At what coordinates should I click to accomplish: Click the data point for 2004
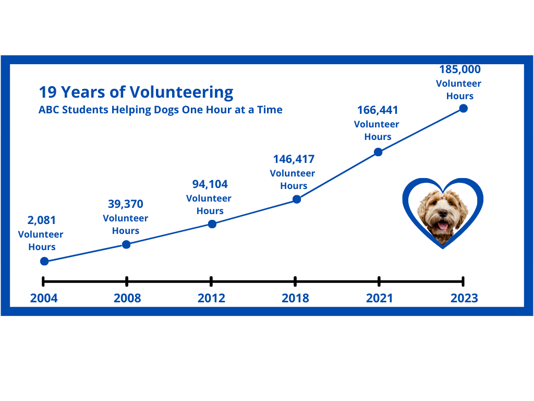[x=44, y=261]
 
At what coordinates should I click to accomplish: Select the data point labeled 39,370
[x=126, y=244]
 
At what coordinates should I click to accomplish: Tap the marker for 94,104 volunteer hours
[x=212, y=224]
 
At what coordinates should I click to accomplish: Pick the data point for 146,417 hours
[x=297, y=199]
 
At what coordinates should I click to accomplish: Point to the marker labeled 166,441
[x=378, y=152]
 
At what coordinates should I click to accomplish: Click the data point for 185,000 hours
[x=463, y=109]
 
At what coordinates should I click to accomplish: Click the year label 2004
[x=44, y=298]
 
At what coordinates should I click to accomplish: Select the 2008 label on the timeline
[x=127, y=298]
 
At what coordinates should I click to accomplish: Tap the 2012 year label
[x=212, y=298]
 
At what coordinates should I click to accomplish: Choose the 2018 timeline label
[x=295, y=298]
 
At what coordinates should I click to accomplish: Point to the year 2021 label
[x=380, y=298]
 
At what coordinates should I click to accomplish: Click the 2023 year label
[x=464, y=298]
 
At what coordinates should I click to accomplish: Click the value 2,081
[x=42, y=220]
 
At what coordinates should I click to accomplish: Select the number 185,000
[x=460, y=69]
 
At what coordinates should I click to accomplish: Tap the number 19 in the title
[x=47, y=92]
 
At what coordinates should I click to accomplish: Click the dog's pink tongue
[x=442, y=226]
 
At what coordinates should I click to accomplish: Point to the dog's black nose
[x=443, y=214]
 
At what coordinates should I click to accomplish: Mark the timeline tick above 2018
[x=295, y=281]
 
